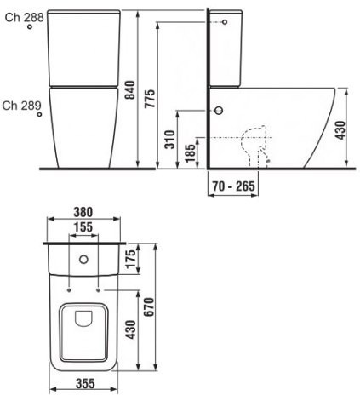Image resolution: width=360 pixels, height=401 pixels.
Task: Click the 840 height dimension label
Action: point(130,90)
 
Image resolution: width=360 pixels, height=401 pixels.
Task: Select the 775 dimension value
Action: point(150,98)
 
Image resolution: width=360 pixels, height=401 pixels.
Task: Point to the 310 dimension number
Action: point(170,140)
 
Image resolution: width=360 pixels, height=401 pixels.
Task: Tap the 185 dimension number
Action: point(190,153)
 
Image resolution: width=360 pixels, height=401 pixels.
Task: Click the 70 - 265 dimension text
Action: point(233,186)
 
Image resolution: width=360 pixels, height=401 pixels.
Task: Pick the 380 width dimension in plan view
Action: point(83,212)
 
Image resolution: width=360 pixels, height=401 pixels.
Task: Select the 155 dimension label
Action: point(83,227)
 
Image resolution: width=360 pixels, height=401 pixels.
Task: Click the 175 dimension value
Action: point(131,259)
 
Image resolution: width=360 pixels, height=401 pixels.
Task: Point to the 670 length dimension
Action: point(149,306)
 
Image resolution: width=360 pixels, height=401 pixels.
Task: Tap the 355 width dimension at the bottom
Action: point(85,384)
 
